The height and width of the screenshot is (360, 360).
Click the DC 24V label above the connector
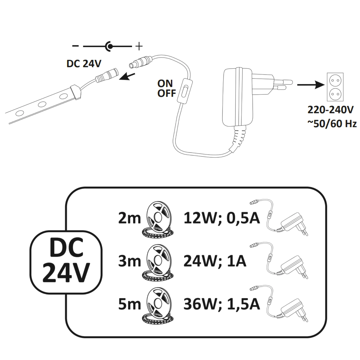tap(84, 64)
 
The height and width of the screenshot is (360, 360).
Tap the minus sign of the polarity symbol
tap(76, 46)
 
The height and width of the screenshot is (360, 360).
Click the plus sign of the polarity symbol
tap(139, 46)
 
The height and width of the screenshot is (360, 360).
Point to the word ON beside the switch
tap(165, 83)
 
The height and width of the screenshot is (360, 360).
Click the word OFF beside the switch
tap(166, 93)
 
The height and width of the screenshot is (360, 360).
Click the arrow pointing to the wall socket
tap(310, 85)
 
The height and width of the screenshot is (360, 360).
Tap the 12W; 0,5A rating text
tap(221, 218)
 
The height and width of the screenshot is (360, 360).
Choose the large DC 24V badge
tap(66, 261)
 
